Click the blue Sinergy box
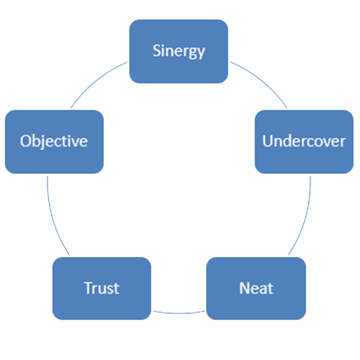179,51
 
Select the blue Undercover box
304,142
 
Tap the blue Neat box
256,288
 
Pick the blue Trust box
102,288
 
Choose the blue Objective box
54,142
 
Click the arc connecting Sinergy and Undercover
261,81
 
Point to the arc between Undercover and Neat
305,217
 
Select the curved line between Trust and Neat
179,313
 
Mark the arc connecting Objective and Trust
53,217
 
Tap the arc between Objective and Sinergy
96,81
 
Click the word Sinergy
179,51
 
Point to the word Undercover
304,141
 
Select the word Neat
256,288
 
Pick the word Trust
102,288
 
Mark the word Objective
54,141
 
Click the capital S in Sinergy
157,50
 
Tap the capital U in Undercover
267,141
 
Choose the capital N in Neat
245,288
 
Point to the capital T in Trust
89,288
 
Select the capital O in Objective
26,141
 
